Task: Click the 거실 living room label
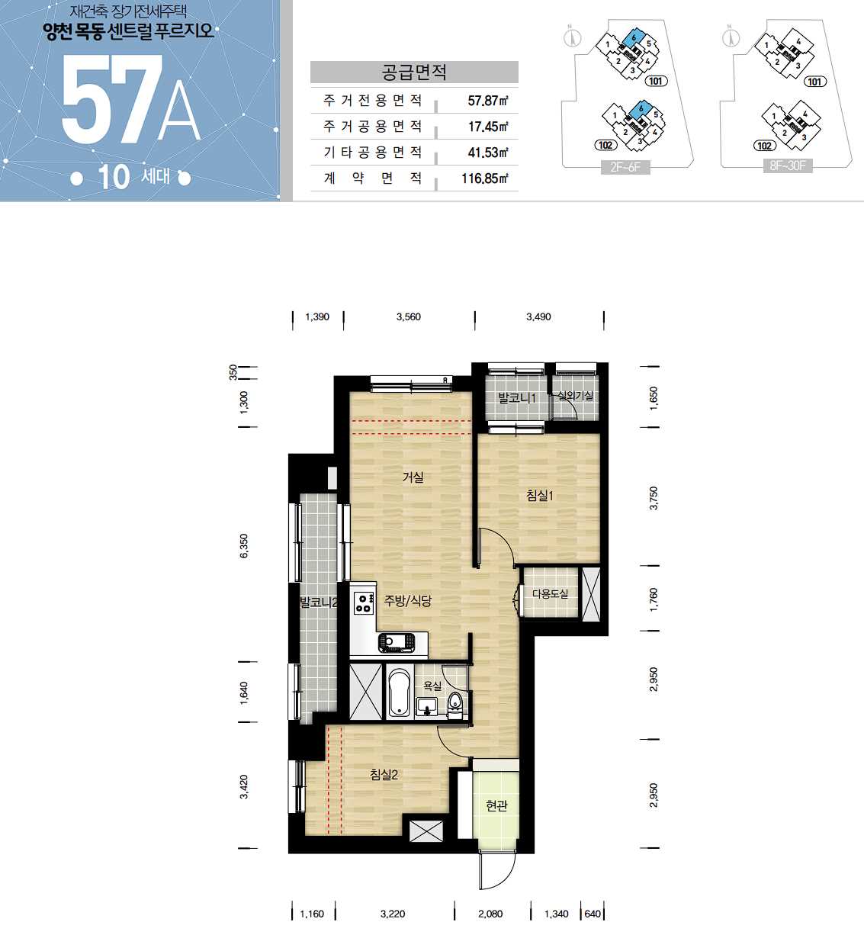[x=413, y=477]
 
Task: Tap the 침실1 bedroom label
[x=540, y=495]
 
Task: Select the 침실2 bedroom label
[x=384, y=775]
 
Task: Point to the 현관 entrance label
[x=496, y=805]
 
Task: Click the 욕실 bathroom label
[x=432, y=686]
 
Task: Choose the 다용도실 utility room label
[x=550, y=593]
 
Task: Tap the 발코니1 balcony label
[x=517, y=398]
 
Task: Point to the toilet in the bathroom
[x=454, y=705]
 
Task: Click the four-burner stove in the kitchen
[x=364, y=603]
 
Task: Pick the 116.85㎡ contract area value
[x=484, y=178]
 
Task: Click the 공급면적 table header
[x=414, y=72]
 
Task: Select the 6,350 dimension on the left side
[x=244, y=546]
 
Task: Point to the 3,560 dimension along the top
[x=408, y=316]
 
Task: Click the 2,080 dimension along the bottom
[x=490, y=914]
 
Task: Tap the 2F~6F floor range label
[x=625, y=167]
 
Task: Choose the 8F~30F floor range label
[x=788, y=165]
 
